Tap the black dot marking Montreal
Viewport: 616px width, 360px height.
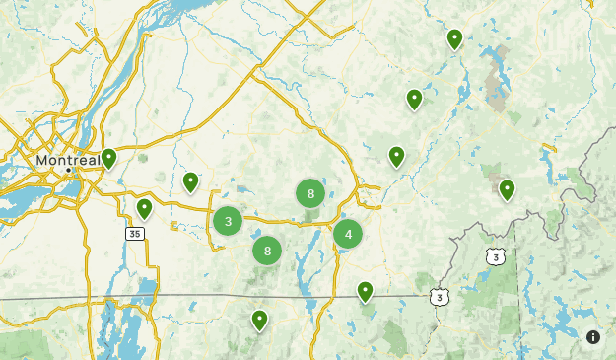tap(69, 170)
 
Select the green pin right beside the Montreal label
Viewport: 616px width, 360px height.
tap(109, 157)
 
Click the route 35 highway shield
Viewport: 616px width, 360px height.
tap(135, 234)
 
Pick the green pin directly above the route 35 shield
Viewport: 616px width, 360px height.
tap(144, 208)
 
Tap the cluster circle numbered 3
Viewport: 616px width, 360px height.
tap(228, 221)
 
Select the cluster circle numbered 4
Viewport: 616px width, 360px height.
tap(348, 234)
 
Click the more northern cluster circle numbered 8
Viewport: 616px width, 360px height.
tap(310, 193)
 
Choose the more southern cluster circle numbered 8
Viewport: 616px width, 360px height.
tap(267, 251)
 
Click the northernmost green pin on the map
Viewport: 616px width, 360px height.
tap(454, 38)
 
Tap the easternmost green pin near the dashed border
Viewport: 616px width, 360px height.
tap(507, 188)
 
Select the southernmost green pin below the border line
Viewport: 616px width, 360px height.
tap(259, 320)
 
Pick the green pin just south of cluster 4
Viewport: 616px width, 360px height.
tap(365, 291)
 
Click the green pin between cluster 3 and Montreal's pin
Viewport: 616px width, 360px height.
tap(191, 181)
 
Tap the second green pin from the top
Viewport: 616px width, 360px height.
tap(415, 99)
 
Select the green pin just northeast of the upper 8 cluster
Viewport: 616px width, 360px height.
tap(396, 156)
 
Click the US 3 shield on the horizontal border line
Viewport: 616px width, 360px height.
tap(439, 296)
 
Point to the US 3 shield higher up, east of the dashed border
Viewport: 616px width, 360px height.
tap(496, 256)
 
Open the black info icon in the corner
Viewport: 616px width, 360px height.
tap(593, 337)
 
